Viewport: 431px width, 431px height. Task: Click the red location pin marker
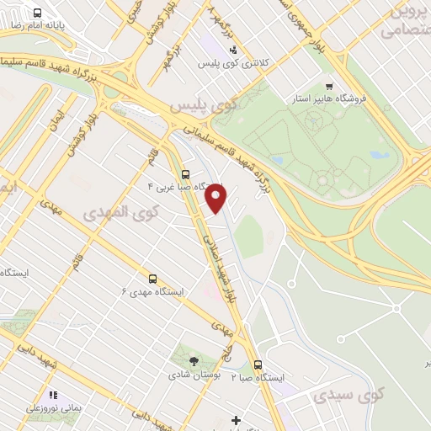coord(217,199)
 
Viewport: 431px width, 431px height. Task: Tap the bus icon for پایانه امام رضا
coord(39,13)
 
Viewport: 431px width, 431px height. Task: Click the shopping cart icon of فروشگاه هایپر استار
coord(329,87)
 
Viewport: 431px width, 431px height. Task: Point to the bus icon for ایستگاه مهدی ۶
coord(152,278)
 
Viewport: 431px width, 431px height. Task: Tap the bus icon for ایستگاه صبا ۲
coord(258,365)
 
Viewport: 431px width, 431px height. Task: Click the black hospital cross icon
coord(236,419)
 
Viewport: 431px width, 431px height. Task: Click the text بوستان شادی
coord(194,375)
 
